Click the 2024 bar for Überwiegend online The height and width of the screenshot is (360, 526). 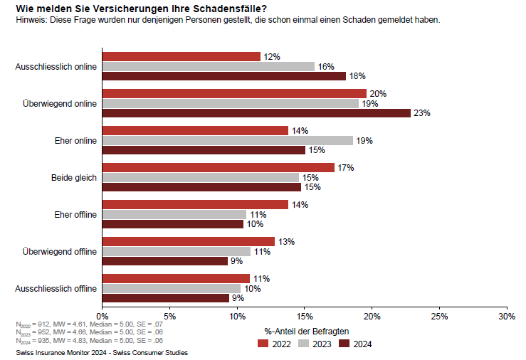(256, 112)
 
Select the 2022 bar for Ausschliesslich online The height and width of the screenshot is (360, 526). (181, 56)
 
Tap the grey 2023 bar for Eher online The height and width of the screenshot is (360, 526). (227, 140)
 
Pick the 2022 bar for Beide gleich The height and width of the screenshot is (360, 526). (218, 167)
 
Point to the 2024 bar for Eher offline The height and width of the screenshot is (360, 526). (173, 224)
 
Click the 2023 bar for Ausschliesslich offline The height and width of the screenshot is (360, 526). (171, 288)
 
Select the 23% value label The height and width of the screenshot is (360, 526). (422, 113)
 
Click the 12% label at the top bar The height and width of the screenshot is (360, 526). (271, 56)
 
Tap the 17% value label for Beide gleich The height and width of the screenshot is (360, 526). (345, 168)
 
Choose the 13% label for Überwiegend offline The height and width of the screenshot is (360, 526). (285, 242)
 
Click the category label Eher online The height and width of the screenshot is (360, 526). (76, 141)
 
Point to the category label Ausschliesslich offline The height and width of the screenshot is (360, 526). (56, 289)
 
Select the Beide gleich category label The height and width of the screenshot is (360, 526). (73, 178)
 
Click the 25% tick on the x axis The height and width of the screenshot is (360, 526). (439, 316)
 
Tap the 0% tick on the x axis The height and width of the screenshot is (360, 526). (102, 316)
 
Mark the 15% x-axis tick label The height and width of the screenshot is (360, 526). (305, 316)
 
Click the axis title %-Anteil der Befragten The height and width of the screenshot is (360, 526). (307, 331)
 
